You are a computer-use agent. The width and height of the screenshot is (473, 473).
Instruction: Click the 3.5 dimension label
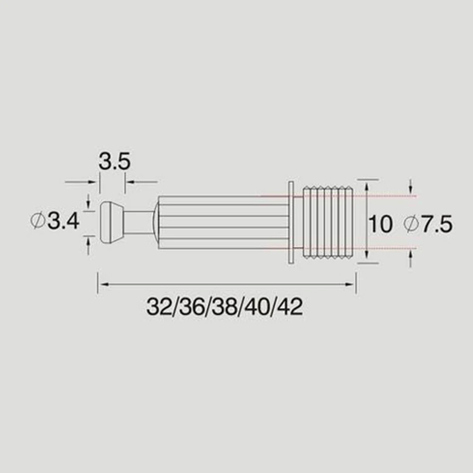point(114,162)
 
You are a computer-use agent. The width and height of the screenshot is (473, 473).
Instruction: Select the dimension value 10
point(381,224)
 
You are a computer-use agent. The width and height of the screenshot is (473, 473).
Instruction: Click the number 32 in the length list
point(158,308)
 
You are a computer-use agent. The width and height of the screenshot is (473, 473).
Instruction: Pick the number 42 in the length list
point(290,308)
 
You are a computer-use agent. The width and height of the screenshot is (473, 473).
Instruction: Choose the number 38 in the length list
point(224,308)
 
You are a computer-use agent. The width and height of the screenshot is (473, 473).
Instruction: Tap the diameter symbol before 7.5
point(412,224)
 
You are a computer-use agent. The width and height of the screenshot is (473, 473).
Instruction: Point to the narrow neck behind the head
point(139,221)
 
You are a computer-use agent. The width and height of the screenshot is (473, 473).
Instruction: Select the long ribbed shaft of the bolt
point(222,221)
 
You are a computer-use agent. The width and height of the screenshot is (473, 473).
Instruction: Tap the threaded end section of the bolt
point(328,221)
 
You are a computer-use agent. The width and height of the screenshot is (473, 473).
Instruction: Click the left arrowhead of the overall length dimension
point(101,284)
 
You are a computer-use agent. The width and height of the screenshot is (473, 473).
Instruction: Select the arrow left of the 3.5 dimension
point(95,181)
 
